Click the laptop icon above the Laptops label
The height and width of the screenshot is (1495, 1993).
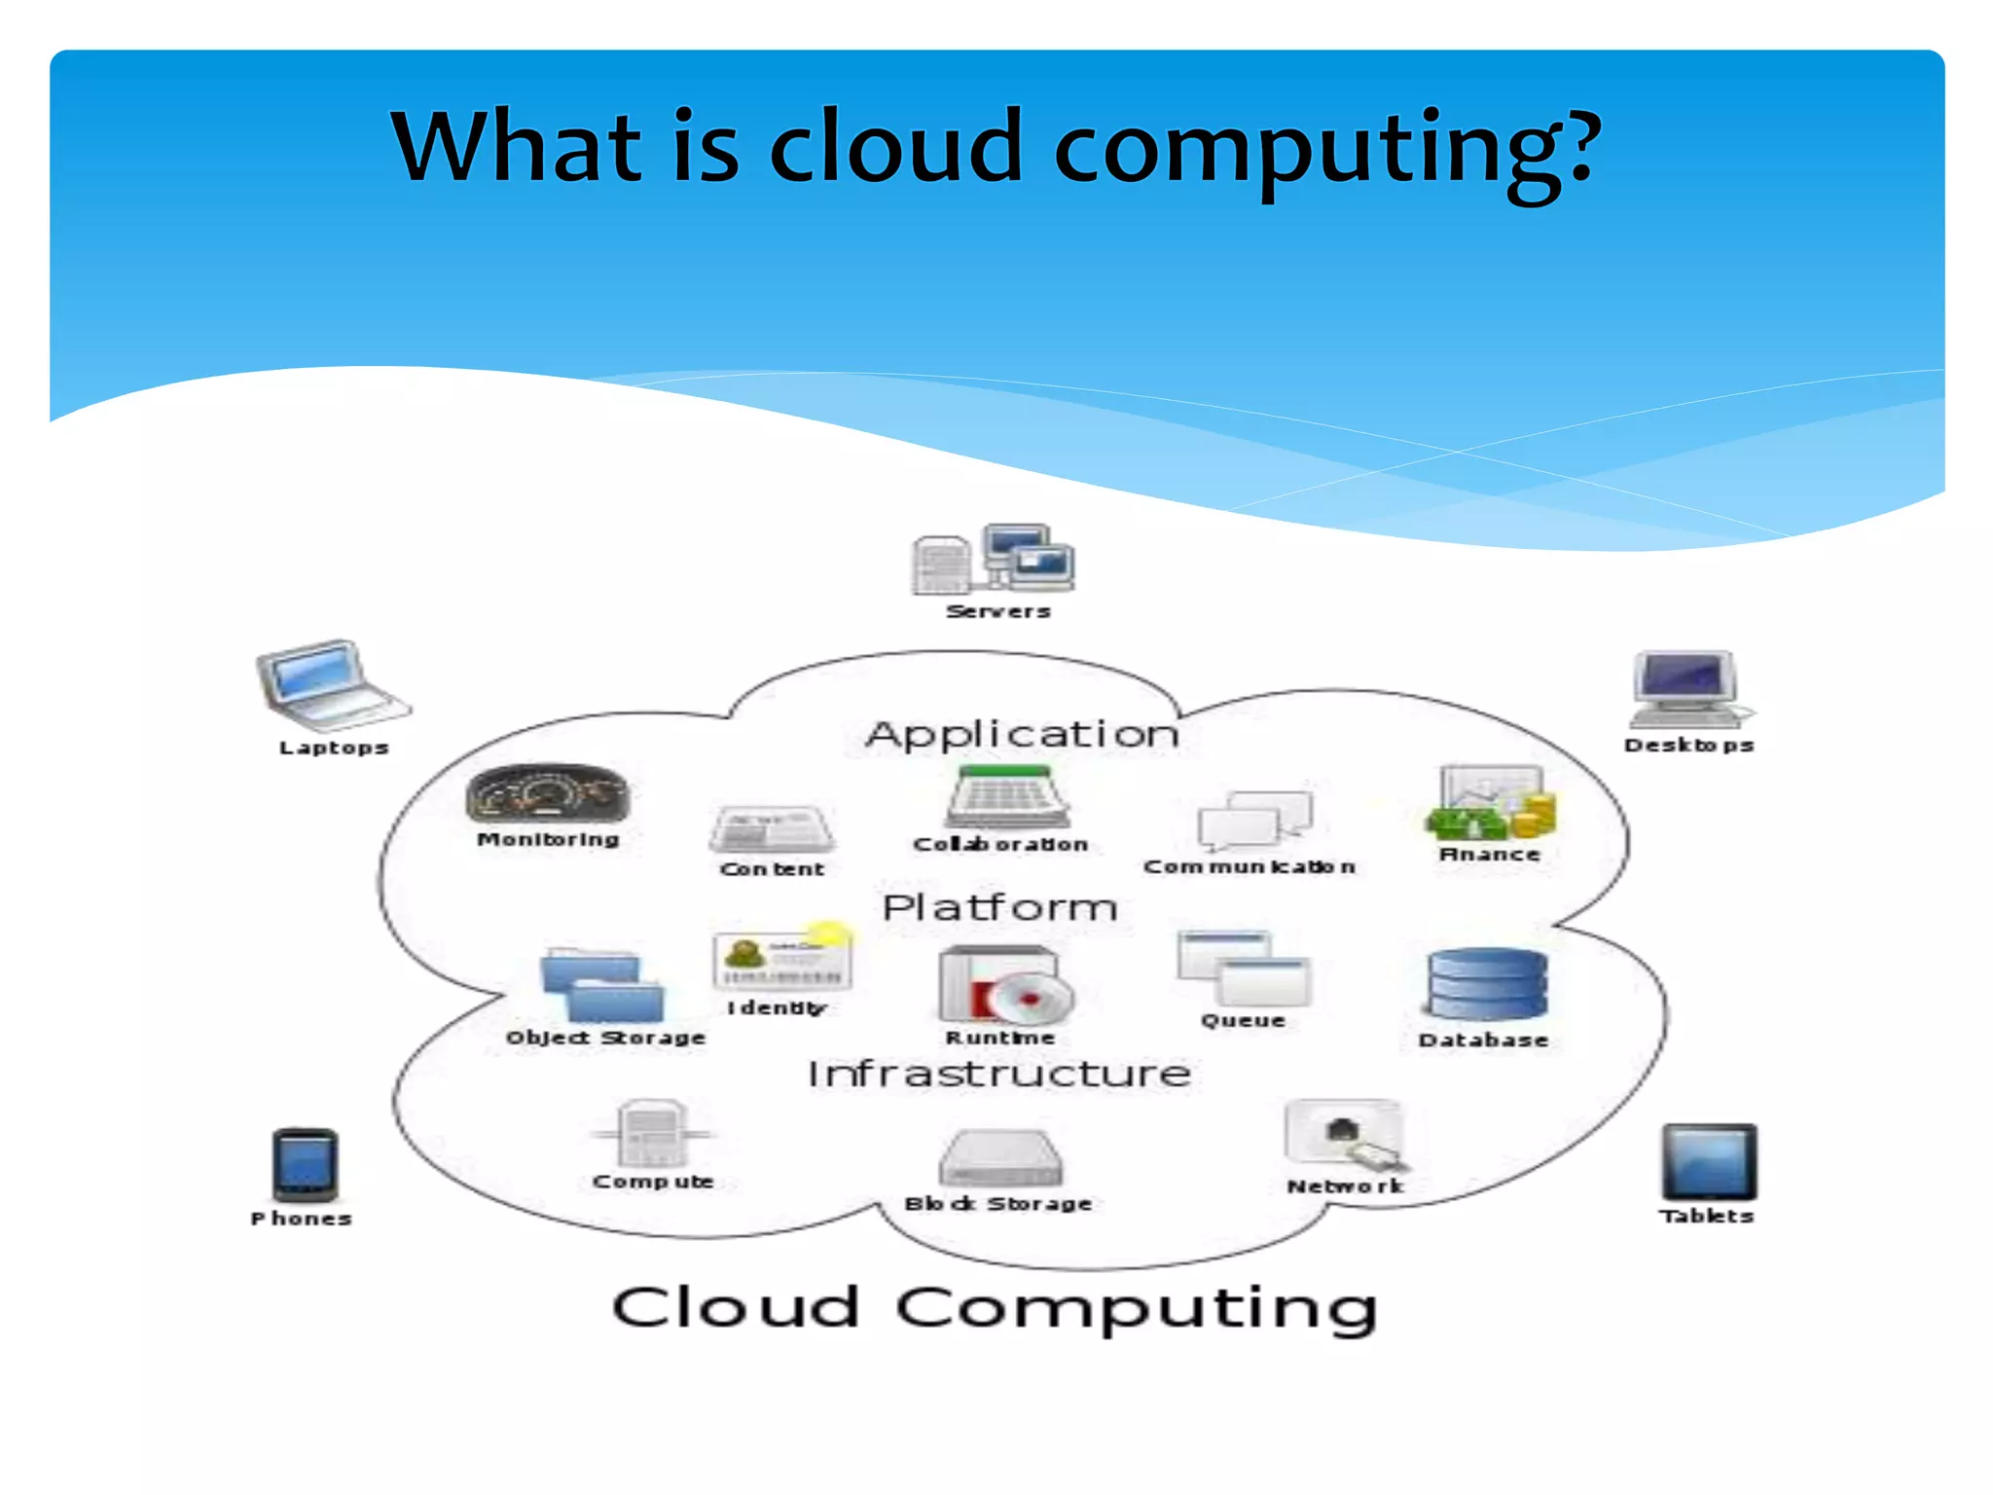pyautogui.click(x=331, y=685)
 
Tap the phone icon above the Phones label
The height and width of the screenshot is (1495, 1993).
pyautogui.click(x=305, y=1165)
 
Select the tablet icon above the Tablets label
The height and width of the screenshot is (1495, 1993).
pyautogui.click(x=1709, y=1162)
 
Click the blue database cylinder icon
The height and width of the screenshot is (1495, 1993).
pyautogui.click(x=1487, y=985)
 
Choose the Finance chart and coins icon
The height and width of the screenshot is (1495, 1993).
pyautogui.click(x=1491, y=803)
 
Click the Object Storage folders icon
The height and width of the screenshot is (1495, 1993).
pyautogui.click(x=602, y=985)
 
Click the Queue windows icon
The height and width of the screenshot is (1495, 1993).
pyautogui.click(x=1244, y=968)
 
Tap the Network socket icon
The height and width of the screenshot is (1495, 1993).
pyautogui.click(x=1346, y=1135)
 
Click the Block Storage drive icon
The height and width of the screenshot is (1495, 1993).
pyautogui.click(x=1000, y=1158)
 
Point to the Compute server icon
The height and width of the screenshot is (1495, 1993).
pyautogui.click(x=652, y=1134)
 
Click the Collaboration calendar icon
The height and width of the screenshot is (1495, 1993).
pyautogui.click(x=1007, y=797)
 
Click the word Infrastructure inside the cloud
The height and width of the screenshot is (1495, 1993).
pyautogui.click(x=999, y=1074)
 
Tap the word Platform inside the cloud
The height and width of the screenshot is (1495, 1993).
pyautogui.click(x=999, y=907)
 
